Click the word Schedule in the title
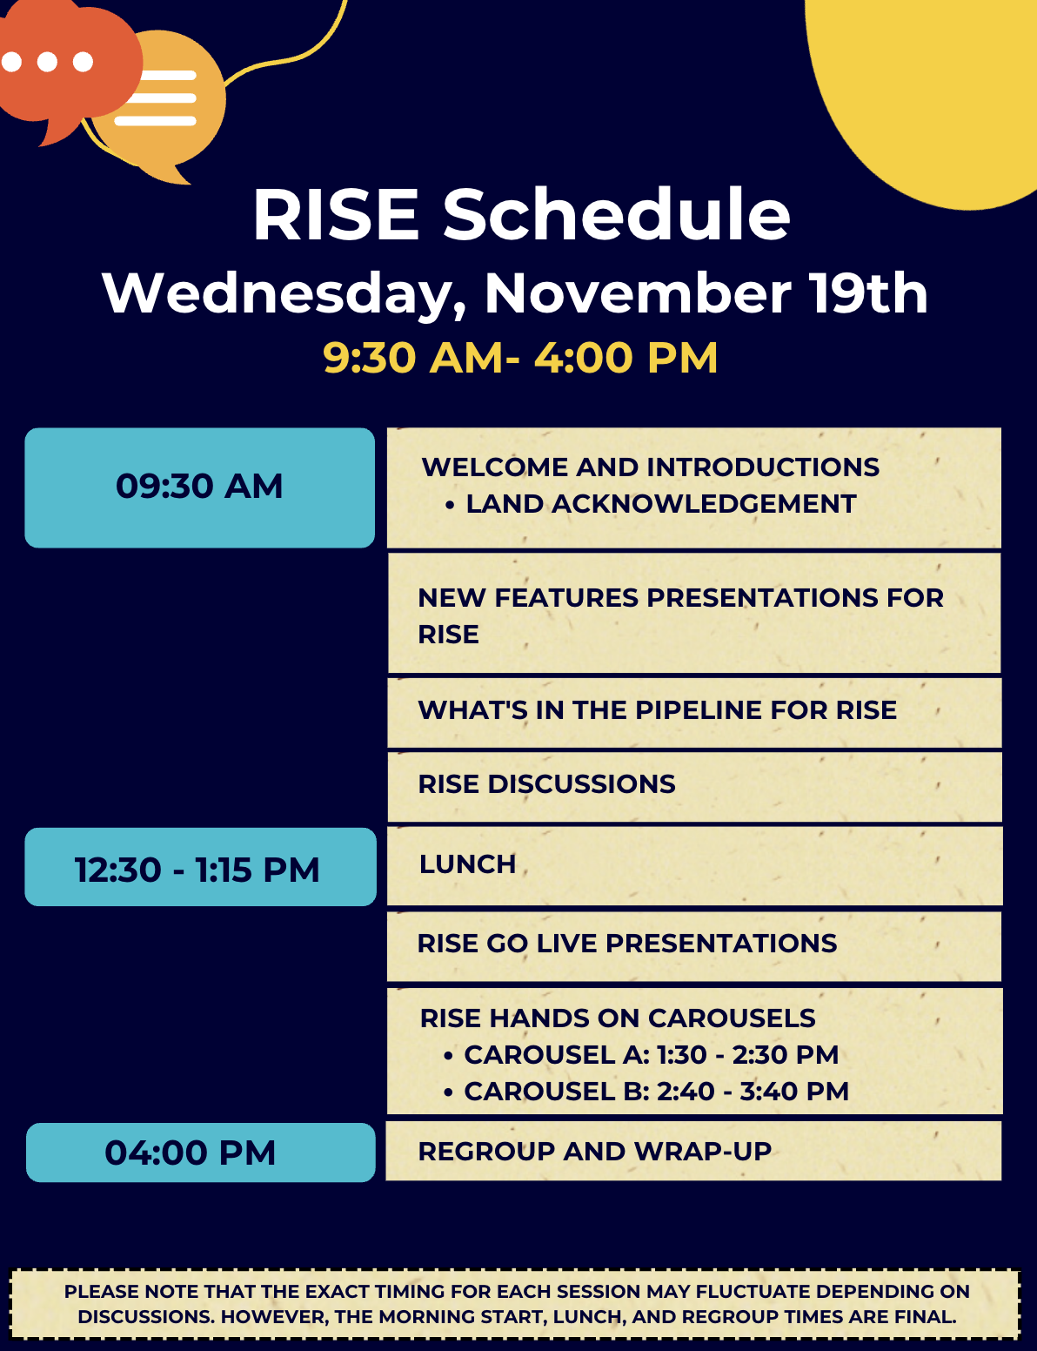coord(616,215)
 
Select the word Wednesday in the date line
coord(284,294)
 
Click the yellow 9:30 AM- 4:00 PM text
coord(520,358)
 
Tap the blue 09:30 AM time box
coord(199,487)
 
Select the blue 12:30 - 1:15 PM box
coord(200,867)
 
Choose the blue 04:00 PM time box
coord(200,1152)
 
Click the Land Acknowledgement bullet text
coord(661,504)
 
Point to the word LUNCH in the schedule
coord(467,864)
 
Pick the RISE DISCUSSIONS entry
coord(546,784)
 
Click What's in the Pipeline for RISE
coord(658,710)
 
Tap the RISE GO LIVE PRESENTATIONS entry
coord(627,943)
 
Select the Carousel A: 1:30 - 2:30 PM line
coord(651,1054)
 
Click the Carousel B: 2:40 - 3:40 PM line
coord(656,1091)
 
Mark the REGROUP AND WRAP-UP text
coord(594,1152)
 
